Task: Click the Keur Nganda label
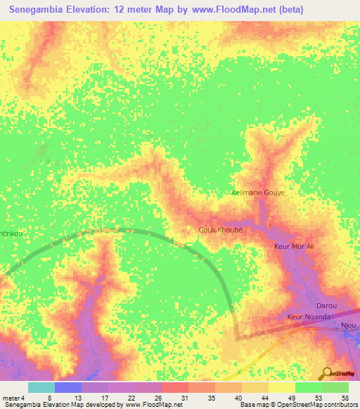click(309, 318)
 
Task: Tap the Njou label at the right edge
click(349, 325)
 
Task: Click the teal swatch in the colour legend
click(41, 387)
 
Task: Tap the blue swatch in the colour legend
click(68, 387)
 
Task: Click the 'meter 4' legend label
click(13, 398)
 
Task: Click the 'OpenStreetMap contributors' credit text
click(316, 405)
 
